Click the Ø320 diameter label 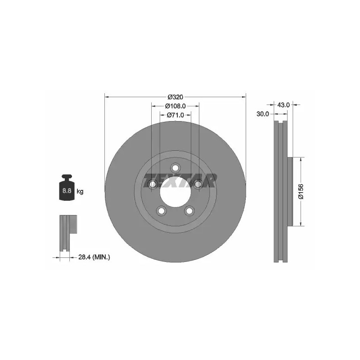point(175,97)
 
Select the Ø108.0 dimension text point(175,106)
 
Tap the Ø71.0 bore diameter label point(175,115)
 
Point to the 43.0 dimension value point(283,105)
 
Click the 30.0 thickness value point(263,114)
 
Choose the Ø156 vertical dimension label point(301,191)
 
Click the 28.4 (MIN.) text point(94,257)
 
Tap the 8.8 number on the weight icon point(67,190)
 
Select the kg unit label point(80,191)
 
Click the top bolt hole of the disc point(175,168)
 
